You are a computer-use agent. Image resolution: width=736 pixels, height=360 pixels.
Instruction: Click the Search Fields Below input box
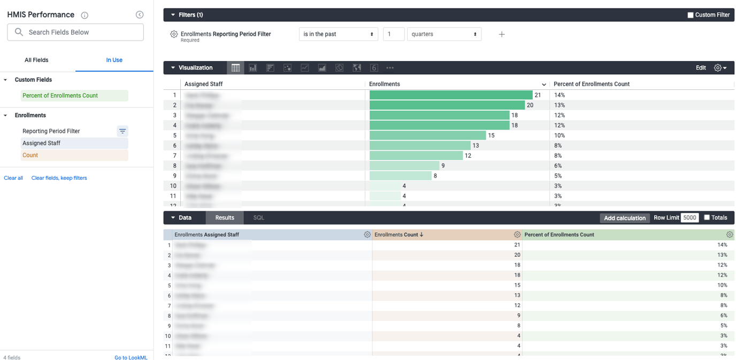tap(80, 32)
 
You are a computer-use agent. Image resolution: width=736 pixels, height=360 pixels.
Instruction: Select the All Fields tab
tap(36, 60)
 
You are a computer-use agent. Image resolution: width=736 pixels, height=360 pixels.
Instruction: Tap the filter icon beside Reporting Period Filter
tap(122, 131)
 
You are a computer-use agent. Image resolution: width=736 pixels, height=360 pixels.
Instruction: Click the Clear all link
tap(13, 178)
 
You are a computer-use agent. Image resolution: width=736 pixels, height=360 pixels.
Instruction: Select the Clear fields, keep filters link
tap(59, 178)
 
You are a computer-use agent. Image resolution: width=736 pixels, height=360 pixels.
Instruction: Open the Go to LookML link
tap(131, 357)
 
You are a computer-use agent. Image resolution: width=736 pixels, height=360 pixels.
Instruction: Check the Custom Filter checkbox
tap(690, 15)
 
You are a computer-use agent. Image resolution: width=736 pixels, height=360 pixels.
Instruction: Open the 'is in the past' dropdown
tap(338, 34)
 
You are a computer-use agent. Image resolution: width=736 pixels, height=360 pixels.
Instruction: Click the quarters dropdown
tap(444, 34)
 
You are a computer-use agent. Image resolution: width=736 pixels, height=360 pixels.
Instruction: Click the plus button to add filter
tap(502, 34)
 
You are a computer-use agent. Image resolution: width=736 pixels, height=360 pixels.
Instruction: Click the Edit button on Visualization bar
tap(701, 68)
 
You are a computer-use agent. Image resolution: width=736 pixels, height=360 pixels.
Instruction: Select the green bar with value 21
tap(450, 95)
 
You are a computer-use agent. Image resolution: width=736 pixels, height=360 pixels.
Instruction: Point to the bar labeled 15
tap(427, 135)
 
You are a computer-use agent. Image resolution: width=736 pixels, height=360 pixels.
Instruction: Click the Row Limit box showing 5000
tap(689, 218)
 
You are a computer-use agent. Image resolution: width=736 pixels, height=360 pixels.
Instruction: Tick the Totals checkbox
tap(707, 217)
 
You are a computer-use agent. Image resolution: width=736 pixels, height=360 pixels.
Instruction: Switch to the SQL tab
tap(258, 218)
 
